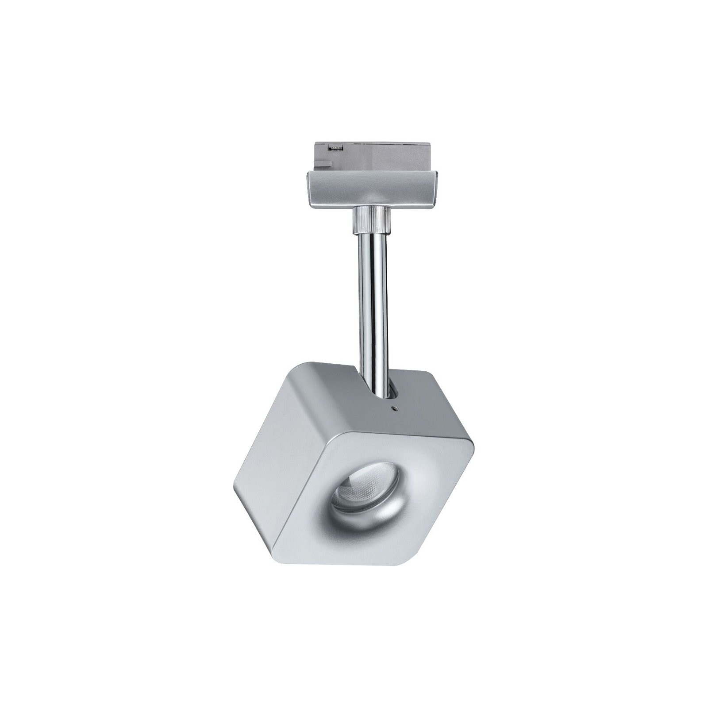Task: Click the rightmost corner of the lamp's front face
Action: (x=471, y=447)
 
